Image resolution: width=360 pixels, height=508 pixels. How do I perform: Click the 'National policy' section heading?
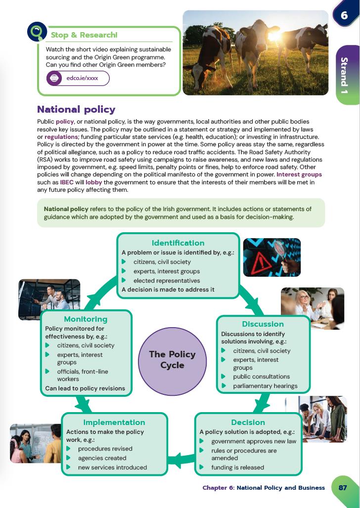pos(76,110)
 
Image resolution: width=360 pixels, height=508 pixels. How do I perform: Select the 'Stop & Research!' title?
pos(84,35)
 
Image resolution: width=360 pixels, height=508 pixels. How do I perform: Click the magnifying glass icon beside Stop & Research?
pos(37,33)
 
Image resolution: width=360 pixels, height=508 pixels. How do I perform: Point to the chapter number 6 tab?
pos(344,15)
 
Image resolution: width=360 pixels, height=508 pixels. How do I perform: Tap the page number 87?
pos(343,487)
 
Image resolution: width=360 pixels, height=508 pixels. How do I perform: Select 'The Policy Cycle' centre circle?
pos(172,360)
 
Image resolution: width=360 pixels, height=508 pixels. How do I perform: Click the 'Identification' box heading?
pos(178,243)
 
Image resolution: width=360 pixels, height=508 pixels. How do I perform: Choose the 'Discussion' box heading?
pos(263,324)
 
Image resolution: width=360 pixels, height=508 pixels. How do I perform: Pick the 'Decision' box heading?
pos(248,423)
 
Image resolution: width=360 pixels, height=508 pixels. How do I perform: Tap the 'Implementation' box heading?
pos(114,423)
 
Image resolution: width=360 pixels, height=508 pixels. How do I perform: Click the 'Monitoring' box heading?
pos(86,319)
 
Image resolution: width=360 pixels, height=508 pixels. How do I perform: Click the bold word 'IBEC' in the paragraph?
pos(67,182)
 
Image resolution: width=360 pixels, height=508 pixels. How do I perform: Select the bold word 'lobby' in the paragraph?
pos(94,182)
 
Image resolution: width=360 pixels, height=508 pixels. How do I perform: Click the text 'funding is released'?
pos(237,467)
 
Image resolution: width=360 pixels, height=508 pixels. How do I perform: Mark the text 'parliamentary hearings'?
pos(265,386)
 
